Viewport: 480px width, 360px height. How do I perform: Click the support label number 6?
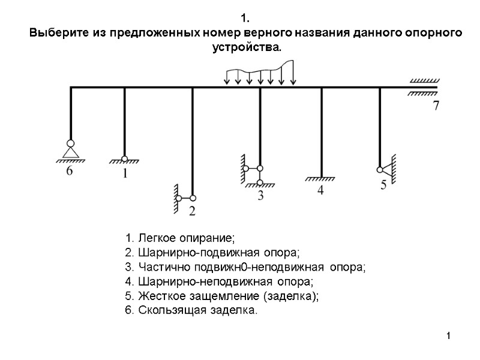coord(70,171)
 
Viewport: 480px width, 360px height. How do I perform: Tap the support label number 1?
coord(125,173)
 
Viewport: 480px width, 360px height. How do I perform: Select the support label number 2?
coord(192,211)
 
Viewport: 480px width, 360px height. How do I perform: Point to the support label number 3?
coord(260,196)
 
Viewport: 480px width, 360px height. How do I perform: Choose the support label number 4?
coord(320,190)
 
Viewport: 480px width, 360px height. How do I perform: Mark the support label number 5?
coord(383,185)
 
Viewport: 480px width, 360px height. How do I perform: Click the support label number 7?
coord(436,107)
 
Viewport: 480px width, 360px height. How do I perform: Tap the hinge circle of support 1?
coord(125,159)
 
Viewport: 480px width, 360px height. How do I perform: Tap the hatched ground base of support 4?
coord(321,179)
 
